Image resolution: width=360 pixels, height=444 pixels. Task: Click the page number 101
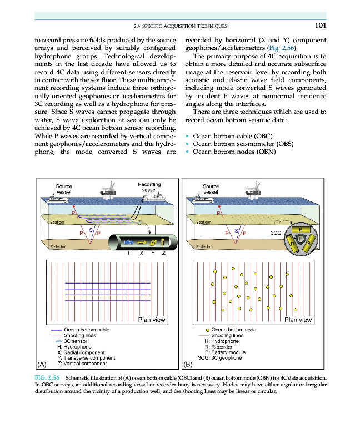tap(319, 26)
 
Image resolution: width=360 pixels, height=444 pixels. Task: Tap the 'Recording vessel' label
tap(149, 187)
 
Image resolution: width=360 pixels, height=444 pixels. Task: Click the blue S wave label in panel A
tap(91, 229)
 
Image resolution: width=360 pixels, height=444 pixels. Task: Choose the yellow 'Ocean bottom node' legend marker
tap(207, 330)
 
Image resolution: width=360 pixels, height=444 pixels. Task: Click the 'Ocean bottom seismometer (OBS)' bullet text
tap(235, 144)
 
